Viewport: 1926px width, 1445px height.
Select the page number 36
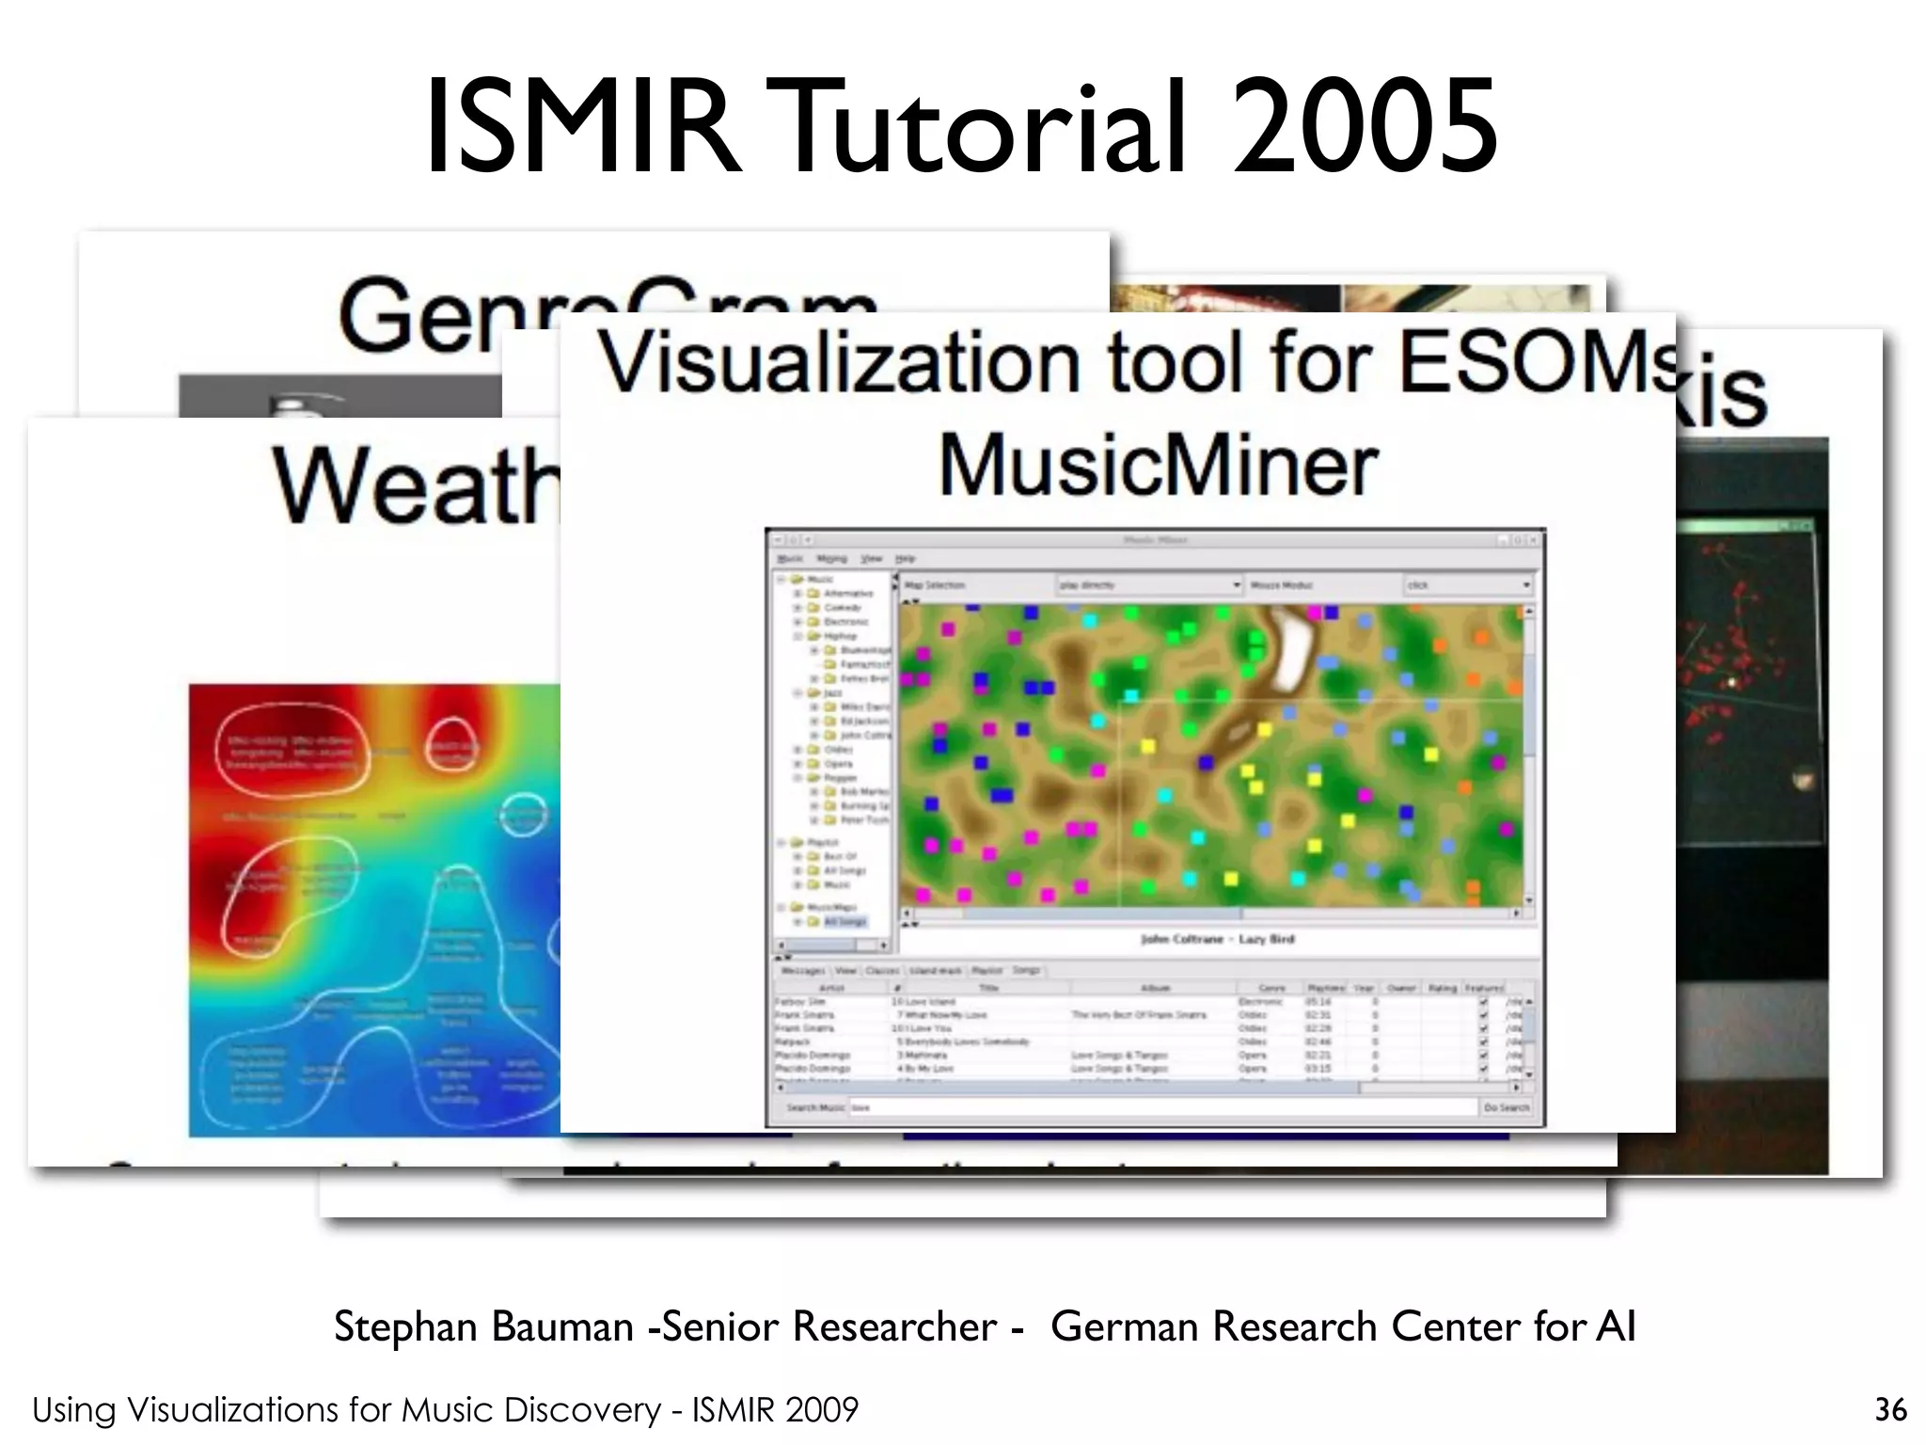tap(1890, 1409)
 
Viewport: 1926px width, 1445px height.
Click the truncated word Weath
tap(414, 486)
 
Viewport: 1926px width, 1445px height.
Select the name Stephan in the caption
tap(406, 1326)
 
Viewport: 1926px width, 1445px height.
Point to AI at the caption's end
tap(1616, 1326)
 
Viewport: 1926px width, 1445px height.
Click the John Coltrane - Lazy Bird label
tap(1217, 939)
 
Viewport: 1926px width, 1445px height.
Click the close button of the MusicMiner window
tap(1534, 540)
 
